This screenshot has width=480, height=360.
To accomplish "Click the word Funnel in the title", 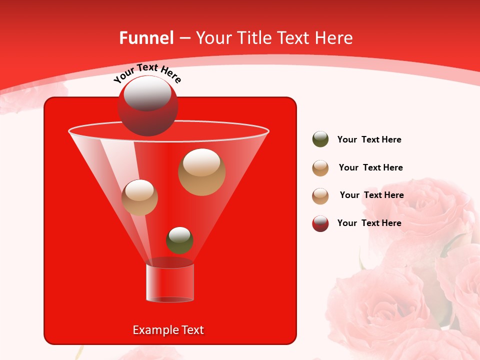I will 146,38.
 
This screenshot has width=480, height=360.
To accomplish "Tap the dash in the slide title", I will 184,38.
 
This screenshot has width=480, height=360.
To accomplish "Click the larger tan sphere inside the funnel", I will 201,172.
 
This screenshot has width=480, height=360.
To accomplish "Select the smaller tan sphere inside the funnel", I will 139,197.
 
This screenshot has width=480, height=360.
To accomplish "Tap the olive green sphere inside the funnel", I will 179,240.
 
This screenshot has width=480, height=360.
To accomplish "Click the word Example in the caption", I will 151,330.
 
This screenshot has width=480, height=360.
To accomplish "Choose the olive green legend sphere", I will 320,139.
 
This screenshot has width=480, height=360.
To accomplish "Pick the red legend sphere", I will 320,223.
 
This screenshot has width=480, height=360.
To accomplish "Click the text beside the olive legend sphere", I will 369,140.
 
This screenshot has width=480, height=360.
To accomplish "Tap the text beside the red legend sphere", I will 369,223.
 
